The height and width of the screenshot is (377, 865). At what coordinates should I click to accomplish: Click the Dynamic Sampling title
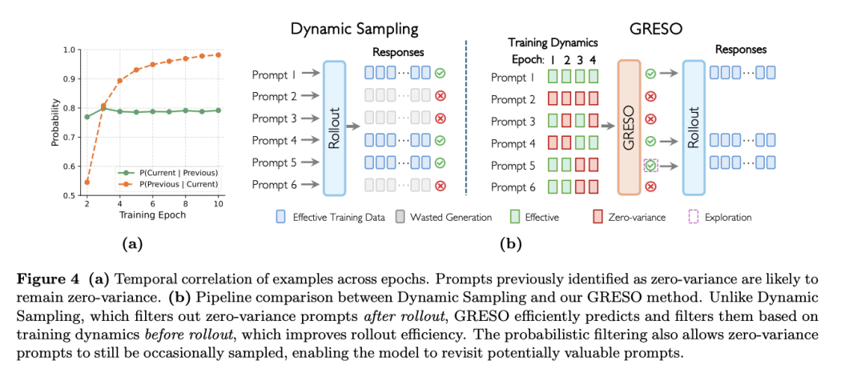(x=353, y=30)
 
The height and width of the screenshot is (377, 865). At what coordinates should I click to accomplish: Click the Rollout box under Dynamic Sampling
(x=332, y=127)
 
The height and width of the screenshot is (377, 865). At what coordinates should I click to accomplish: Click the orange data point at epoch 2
(x=87, y=182)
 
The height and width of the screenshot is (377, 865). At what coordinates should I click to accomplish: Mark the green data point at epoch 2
(x=87, y=117)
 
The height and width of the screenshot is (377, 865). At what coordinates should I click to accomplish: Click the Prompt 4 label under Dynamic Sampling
(x=274, y=141)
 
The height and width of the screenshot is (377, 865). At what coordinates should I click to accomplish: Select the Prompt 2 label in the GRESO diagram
(x=513, y=100)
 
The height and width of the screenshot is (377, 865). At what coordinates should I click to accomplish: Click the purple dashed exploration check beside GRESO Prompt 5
(x=651, y=166)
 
